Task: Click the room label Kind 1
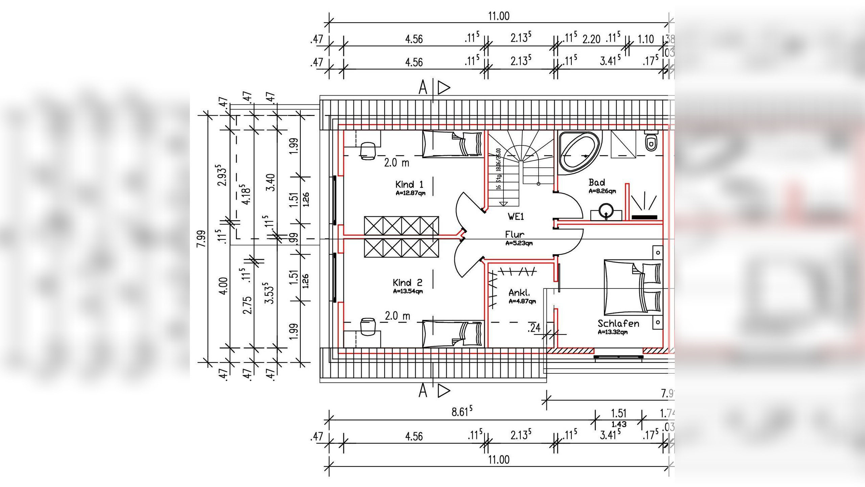click(x=409, y=185)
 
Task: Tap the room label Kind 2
click(x=407, y=282)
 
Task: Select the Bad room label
click(x=597, y=183)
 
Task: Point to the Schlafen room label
click(x=618, y=324)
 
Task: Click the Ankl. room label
click(x=519, y=293)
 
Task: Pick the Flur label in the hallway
click(x=515, y=234)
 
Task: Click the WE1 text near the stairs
click(x=516, y=216)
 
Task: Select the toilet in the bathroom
click(x=651, y=142)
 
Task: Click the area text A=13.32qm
click(x=613, y=332)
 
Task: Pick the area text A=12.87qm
click(x=411, y=193)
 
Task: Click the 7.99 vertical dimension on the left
click(x=201, y=239)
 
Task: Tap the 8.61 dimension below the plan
click(x=462, y=412)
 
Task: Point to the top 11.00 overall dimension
click(x=499, y=16)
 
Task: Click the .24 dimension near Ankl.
click(x=534, y=328)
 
